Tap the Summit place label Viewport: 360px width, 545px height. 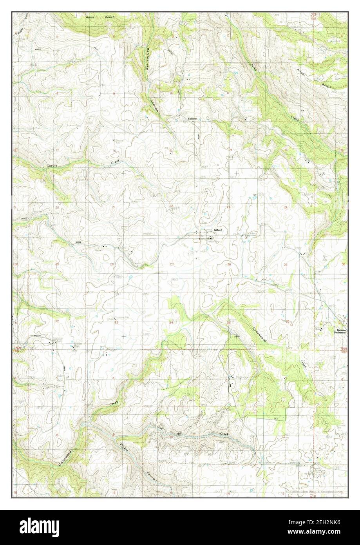point(191,118)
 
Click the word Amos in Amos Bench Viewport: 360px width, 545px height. point(90,18)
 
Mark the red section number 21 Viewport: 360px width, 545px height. point(113,207)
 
